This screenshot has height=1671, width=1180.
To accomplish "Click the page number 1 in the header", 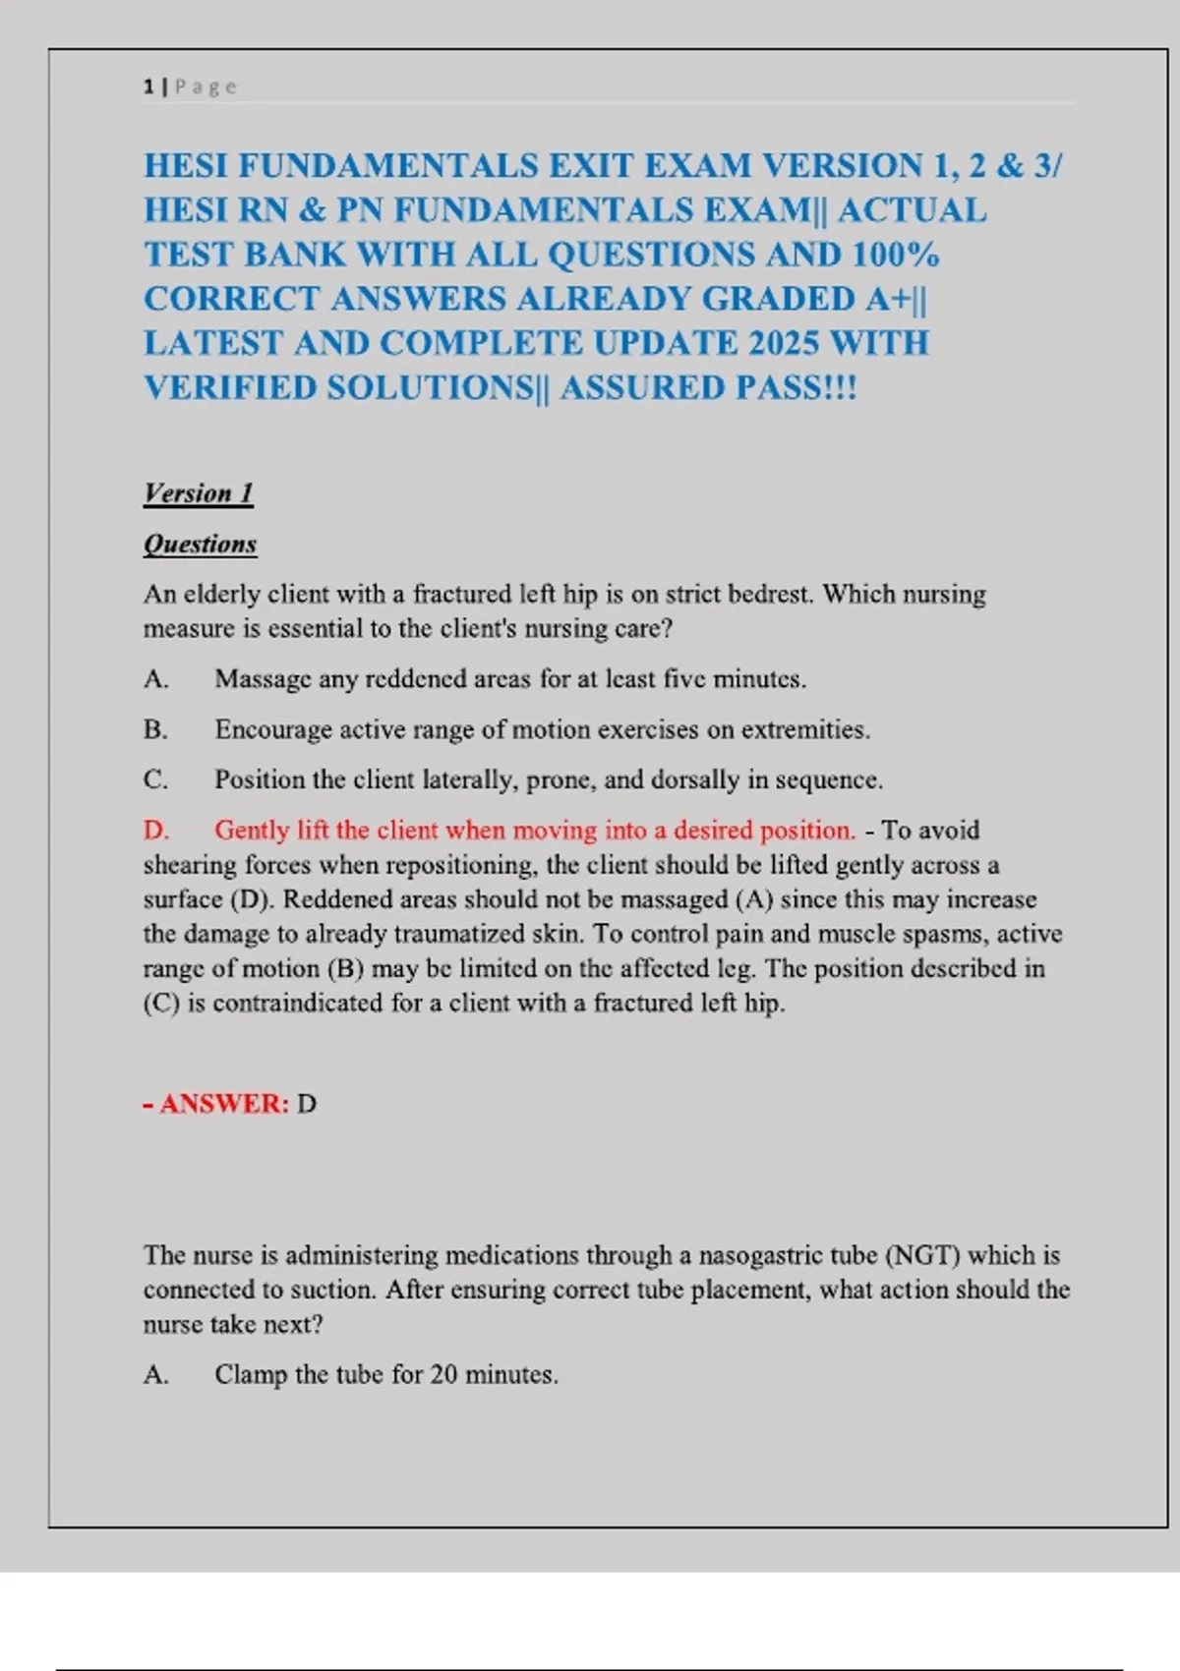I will tap(148, 86).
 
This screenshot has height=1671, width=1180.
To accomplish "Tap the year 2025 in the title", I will tap(784, 343).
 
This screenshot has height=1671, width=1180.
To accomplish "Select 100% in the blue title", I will tap(895, 255).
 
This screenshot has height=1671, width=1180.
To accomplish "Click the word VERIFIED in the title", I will tap(230, 387).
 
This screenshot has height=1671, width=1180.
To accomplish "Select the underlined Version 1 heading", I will tap(199, 492).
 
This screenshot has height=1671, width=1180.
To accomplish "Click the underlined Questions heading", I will tap(201, 544).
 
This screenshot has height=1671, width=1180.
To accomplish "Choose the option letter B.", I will tap(154, 729).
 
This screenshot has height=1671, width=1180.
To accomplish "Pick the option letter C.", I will tap(154, 779).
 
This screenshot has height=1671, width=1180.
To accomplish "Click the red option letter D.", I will tap(155, 830).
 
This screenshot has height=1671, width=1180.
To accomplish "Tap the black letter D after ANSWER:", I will tap(307, 1104).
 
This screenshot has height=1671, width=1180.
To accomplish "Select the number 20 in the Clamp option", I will tap(443, 1374).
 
